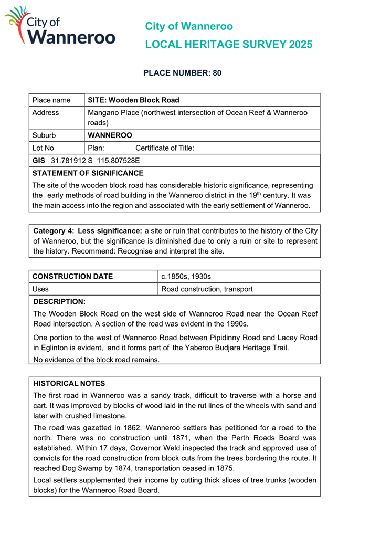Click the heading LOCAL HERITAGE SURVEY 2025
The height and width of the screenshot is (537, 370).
pos(228,45)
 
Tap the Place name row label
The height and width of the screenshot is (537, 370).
pos(51,100)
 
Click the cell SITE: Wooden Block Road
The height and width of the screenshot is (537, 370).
pos(134,100)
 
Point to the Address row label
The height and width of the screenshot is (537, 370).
pos(46,113)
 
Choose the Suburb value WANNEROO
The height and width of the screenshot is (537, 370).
pos(110,135)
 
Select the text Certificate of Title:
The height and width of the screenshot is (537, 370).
pos(165,148)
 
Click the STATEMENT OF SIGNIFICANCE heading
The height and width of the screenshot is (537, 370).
pos(88,173)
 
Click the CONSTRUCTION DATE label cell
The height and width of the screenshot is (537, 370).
pos(73,276)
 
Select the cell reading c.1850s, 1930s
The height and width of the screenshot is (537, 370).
pos(186,276)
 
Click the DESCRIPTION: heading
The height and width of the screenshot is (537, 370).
pos(59,302)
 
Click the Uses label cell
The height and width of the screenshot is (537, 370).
pos(41,289)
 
